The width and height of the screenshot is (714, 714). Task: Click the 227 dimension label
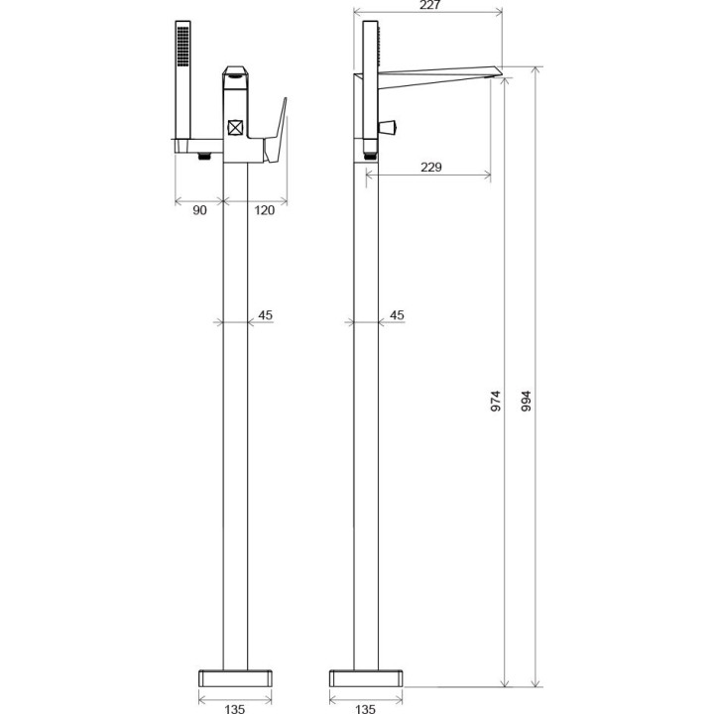[x=430, y=5]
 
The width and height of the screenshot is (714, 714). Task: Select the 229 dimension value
[x=430, y=168]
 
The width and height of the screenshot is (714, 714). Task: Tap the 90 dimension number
[x=198, y=210]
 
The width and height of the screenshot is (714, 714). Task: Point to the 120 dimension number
[x=265, y=210]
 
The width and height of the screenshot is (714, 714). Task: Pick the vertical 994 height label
[x=527, y=400]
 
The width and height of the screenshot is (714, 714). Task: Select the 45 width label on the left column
[x=265, y=315]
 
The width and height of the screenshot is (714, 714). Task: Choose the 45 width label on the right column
[x=397, y=315]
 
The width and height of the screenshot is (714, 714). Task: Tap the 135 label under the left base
[x=233, y=708]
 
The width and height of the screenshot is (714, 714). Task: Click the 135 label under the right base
[x=365, y=708]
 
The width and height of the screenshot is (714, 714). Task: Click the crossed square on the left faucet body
[x=236, y=126]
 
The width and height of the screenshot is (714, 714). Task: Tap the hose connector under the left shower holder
[x=204, y=155]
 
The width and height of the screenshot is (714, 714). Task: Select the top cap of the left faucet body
[x=235, y=71]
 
